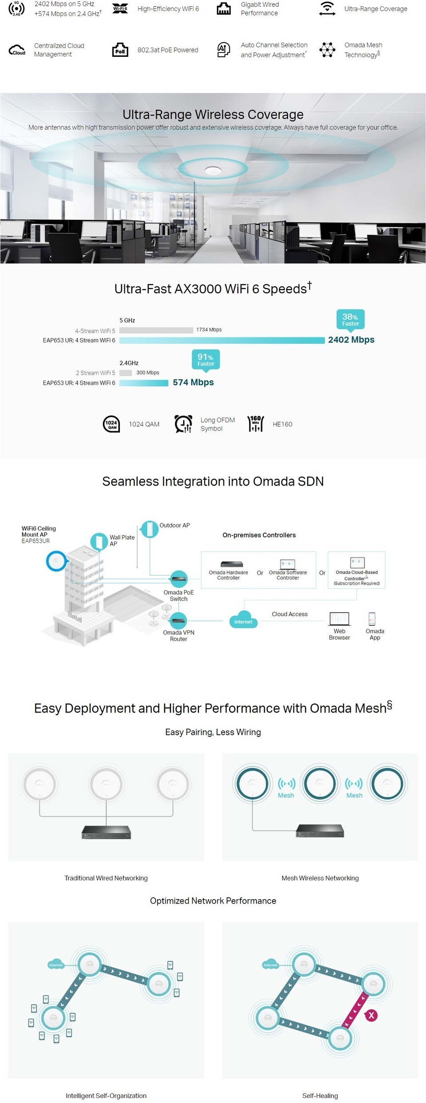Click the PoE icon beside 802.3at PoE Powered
click(x=120, y=50)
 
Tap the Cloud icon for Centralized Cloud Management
click(x=17, y=50)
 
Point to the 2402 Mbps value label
click(x=351, y=340)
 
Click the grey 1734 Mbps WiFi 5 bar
click(x=156, y=330)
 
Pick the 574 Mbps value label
click(x=193, y=382)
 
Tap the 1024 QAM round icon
click(x=111, y=424)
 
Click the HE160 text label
click(x=283, y=424)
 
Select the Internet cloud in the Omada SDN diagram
click(x=243, y=621)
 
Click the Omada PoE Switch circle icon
click(x=179, y=579)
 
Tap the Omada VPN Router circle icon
click(x=179, y=621)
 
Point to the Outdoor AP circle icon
click(x=150, y=529)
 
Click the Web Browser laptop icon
click(x=339, y=618)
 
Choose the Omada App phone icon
click(x=372, y=618)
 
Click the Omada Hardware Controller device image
click(x=232, y=565)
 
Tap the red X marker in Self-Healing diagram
click(x=371, y=1015)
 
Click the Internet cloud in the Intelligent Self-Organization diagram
click(x=56, y=965)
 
